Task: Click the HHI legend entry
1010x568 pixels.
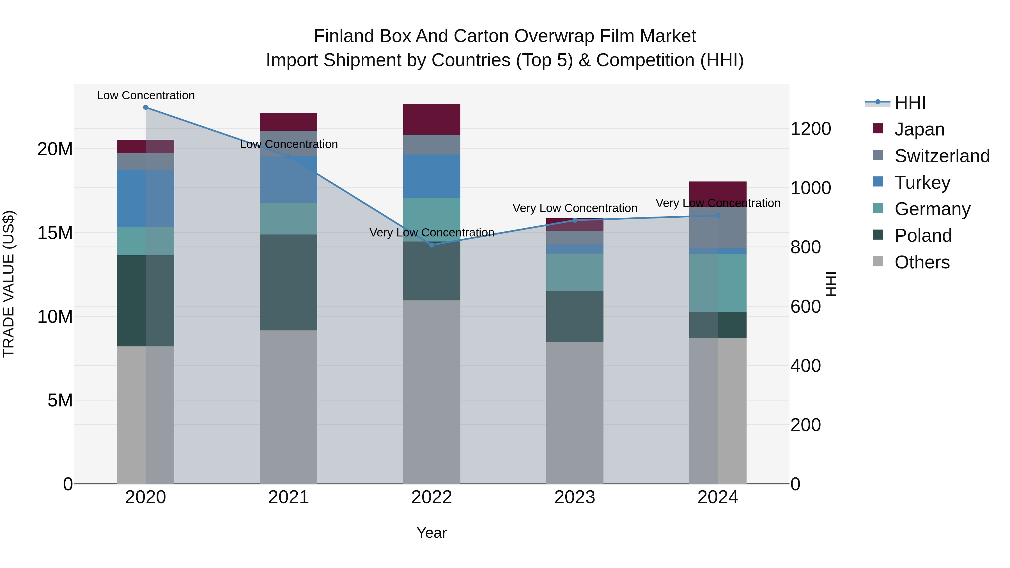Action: click(910, 103)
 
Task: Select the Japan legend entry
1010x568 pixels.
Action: click(919, 129)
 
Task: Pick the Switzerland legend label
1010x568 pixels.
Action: click(942, 156)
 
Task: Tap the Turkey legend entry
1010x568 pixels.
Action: click(922, 183)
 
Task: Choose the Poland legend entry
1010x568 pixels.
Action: click(923, 236)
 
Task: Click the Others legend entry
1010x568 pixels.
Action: click(922, 262)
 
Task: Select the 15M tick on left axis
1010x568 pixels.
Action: click(55, 233)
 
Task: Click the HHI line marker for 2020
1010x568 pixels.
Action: click(145, 107)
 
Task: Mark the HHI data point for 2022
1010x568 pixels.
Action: click(432, 245)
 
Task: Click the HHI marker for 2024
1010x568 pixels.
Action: click(718, 216)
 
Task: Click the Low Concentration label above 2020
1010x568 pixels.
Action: click(145, 95)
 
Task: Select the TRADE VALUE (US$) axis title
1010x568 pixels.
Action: click(9, 284)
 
